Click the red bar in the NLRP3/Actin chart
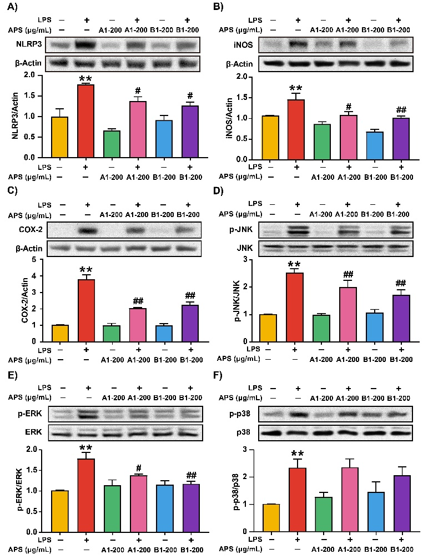click(85, 122)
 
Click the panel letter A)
click(12, 7)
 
